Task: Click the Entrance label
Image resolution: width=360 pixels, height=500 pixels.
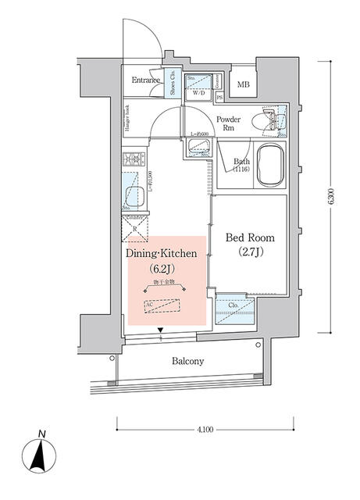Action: [145, 80]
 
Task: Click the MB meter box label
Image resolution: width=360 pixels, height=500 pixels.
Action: [244, 85]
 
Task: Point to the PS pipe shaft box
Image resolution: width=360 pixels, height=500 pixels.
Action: [219, 97]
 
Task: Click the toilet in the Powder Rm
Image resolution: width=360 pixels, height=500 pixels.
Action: [273, 121]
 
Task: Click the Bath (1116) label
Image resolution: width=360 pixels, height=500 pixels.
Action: [241, 166]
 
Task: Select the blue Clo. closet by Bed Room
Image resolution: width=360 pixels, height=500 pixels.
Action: [234, 307]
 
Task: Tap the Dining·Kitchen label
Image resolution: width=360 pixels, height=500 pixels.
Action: [164, 254]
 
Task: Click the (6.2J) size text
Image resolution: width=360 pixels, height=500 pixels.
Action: [164, 270]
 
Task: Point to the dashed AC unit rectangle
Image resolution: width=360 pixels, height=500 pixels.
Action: [164, 305]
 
